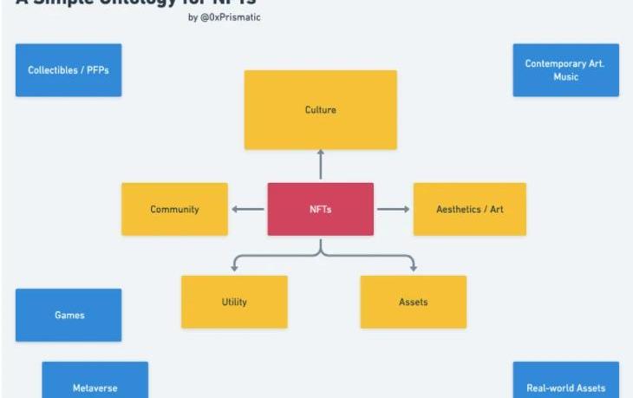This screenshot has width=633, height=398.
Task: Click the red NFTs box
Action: [x=320, y=209]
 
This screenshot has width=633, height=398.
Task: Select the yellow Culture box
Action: [x=320, y=110]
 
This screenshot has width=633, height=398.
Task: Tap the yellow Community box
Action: [x=174, y=209]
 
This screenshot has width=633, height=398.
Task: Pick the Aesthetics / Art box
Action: [x=469, y=209]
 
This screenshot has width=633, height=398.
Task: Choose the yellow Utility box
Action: [x=234, y=302]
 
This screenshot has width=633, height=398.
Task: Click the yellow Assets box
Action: [x=413, y=302]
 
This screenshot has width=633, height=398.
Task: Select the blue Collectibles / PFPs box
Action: [x=69, y=70]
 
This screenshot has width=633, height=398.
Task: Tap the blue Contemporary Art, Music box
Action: [x=565, y=70]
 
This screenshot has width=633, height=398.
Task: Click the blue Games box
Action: [x=69, y=315]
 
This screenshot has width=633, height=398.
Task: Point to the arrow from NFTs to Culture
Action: [x=320, y=165]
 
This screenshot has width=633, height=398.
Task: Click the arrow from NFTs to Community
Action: [x=247, y=209]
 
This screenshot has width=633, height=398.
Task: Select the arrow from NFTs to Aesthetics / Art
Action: [x=393, y=209]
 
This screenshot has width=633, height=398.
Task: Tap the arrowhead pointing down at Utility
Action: [x=234, y=268]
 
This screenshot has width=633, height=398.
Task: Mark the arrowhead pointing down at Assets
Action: [x=413, y=268]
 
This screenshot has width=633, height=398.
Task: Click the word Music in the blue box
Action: [x=565, y=77]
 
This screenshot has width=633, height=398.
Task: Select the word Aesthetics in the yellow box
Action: [x=456, y=209]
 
